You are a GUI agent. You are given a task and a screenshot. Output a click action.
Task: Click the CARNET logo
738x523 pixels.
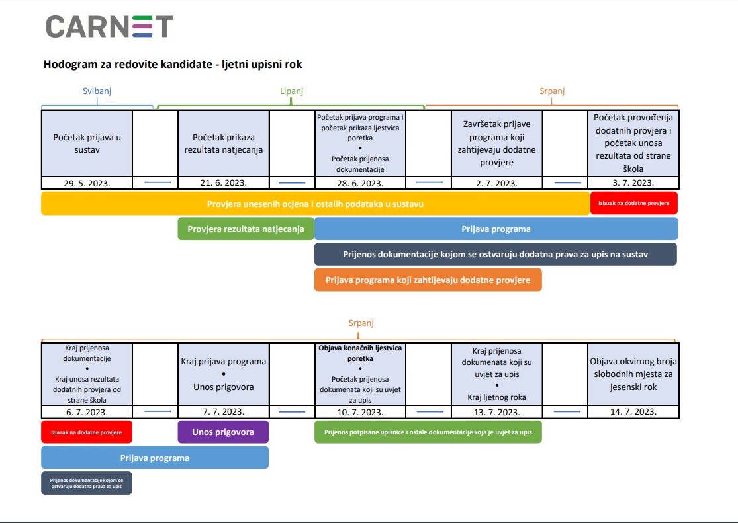click(x=110, y=26)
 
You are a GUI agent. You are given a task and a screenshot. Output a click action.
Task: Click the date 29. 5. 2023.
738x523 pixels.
click(x=87, y=183)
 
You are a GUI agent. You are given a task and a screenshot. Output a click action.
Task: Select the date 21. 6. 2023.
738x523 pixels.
click(x=224, y=183)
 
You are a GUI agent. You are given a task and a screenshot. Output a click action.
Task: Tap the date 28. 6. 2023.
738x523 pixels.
click(x=360, y=183)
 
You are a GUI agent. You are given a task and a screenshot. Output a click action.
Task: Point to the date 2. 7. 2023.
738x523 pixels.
click(x=496, y=183)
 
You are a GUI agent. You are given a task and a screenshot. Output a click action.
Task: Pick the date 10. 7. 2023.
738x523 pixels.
click(x=360, y=412)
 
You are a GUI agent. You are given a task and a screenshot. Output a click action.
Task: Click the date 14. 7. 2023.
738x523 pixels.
click(x=633, y=411)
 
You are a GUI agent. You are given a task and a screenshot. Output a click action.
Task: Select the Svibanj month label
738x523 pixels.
click(x=97, y=91)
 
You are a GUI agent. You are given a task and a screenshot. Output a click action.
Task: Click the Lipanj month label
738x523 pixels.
click(x=291, y=91)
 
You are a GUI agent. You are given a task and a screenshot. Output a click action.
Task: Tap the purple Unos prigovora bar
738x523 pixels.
click(x=223, y=432)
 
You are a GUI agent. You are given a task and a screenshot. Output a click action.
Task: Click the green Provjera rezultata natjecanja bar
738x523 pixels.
click(x=246, y=229)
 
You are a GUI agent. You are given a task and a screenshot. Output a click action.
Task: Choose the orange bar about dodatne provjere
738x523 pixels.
click(x=428, y=280)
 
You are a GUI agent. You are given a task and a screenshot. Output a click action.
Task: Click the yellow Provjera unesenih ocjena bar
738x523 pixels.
click(x=315, y=204)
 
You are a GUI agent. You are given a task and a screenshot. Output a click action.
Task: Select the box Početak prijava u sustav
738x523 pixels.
click(x=87, y=143)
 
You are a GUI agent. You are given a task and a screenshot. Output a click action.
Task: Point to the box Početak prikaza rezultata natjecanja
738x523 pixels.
click(x=224, y=143)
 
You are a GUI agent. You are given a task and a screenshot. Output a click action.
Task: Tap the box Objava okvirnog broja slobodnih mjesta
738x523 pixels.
click(x=633, y=374)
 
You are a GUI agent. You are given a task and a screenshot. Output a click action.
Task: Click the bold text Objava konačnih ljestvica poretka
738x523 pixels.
click(x=360, y=353)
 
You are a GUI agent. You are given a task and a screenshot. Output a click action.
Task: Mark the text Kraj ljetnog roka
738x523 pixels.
click(x=496, y=397)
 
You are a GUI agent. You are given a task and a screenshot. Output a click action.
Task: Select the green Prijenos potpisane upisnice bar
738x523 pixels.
click(x=428, y=432)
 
